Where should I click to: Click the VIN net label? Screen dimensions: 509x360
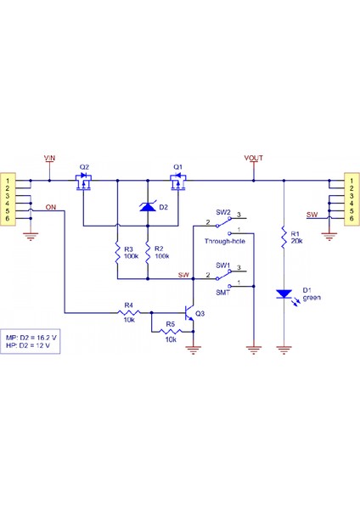click(50, 159)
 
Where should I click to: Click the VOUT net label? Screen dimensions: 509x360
click(253, 159)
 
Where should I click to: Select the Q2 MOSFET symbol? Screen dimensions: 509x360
click(84, 183)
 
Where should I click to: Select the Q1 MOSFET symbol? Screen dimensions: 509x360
click(178, 183)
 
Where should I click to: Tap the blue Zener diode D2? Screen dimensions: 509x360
click(148, 205)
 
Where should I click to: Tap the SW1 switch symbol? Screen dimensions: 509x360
click(224, 277)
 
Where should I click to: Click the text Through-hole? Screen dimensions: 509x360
click(224, 242)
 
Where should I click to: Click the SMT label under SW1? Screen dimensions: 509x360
click(223, 293)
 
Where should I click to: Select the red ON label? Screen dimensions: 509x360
click(52, 207)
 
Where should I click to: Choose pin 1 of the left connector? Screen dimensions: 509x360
click(8, 181)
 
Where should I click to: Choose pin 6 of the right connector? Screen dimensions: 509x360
click(350, 219)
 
